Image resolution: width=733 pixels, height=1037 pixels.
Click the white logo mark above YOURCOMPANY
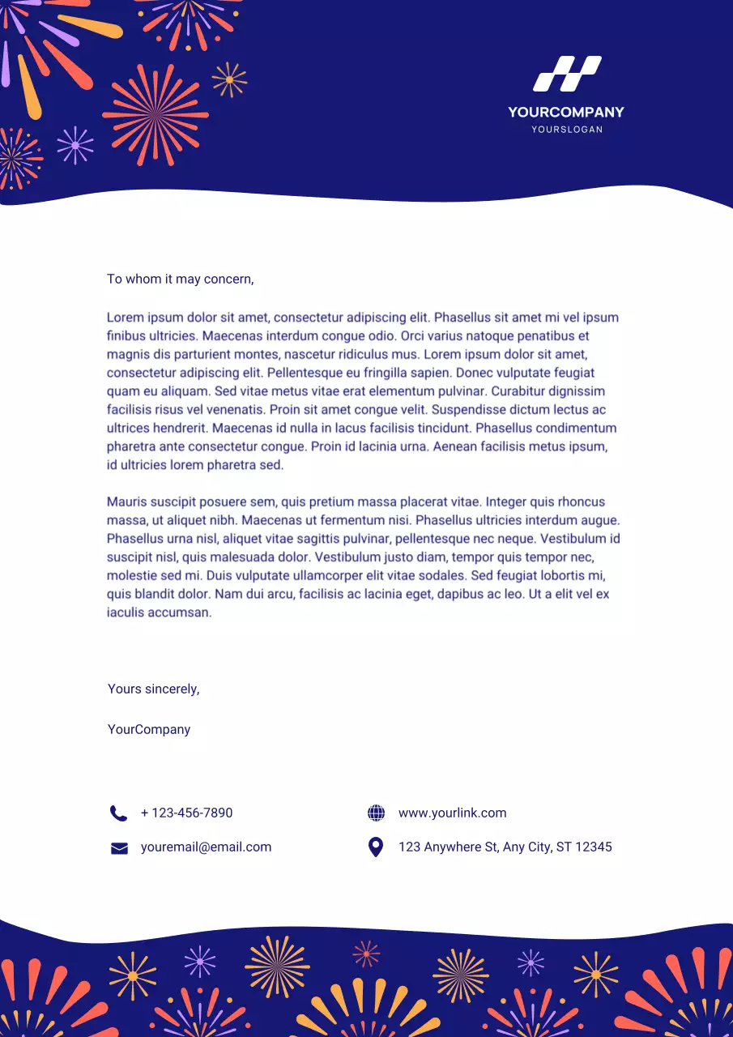(566, 74)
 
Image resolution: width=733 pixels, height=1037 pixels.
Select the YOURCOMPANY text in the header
(566, 113)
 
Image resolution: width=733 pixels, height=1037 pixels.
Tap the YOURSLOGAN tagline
(566, 130)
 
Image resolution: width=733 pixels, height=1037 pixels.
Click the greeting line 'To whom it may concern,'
(180, 280)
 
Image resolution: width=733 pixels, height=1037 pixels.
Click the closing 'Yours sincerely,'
(153, 689)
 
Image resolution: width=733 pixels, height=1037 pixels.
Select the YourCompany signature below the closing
(149, 730)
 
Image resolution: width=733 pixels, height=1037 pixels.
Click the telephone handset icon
(118, 813)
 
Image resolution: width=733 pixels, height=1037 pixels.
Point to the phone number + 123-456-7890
(186, 813)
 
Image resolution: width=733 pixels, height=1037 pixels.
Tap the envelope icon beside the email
(119, 848)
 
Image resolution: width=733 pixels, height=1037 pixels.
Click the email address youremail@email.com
(206, 847)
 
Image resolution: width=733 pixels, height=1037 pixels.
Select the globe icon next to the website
(376, 813)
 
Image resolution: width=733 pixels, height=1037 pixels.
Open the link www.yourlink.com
(452, 813)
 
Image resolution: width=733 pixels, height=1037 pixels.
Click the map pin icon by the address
(376, 847)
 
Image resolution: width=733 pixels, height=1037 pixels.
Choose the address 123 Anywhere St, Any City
(505, 847)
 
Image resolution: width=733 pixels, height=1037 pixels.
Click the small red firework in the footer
(366, 954)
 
